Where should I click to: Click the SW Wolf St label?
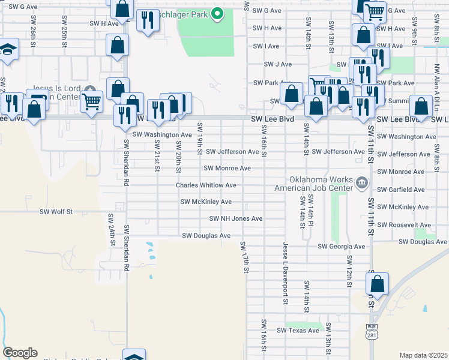56,211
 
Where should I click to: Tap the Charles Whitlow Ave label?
205,185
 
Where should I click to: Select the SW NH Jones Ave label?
235,218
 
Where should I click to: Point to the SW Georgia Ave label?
341,247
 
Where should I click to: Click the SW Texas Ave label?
298,331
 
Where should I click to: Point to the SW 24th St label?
112,230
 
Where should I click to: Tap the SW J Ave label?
278,64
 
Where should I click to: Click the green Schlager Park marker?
218,13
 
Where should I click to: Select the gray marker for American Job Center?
361,182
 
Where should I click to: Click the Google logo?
20,353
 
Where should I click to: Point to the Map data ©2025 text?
424,355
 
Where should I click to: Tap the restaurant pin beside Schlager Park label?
147,21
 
